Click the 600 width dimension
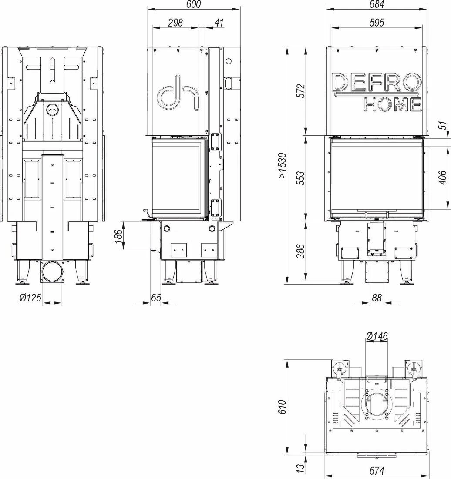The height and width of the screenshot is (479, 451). (193, 4)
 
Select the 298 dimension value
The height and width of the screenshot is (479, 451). (175, 23)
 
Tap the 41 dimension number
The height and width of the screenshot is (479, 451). (219, 23)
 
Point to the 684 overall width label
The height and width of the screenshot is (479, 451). (377, 4)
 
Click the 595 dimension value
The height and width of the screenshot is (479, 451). (377, 23)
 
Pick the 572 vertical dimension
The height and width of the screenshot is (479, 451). (301, 91)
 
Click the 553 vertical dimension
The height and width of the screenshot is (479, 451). (301, 178)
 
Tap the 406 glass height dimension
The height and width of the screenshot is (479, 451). (442, 177)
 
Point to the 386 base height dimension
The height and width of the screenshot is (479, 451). (301, 251)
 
